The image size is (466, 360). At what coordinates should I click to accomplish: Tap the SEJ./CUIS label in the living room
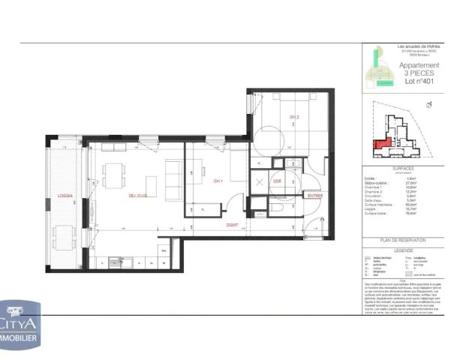click(x=136, y=196)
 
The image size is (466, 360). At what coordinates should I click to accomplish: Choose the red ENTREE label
click(x=315, y=196)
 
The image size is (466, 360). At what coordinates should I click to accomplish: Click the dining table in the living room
click(x=114, y=174)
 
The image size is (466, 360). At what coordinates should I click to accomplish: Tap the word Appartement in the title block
click(x=418, y=66)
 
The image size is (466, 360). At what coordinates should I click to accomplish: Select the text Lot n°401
click(x=419, y=82)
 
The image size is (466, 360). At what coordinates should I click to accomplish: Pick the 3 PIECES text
click(x=419, y=74)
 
